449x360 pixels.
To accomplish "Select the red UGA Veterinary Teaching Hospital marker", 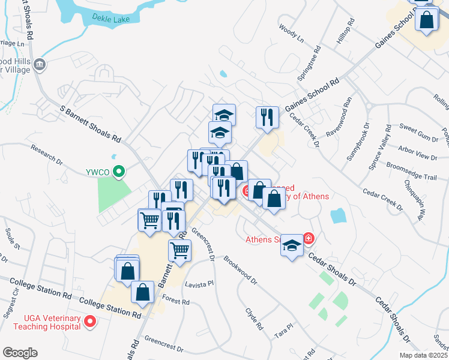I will [x=90, y=322].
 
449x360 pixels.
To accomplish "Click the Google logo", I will [x=20, y=353].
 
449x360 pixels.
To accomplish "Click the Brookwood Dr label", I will [x=240, y=271].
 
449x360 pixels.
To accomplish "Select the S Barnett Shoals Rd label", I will [x=90, y=124].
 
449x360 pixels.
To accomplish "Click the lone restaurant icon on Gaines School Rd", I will [x=267, y=116].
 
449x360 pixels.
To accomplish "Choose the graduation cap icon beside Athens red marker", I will [x=292, y=244].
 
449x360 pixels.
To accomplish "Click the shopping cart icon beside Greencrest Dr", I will [x=179, y=249].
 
